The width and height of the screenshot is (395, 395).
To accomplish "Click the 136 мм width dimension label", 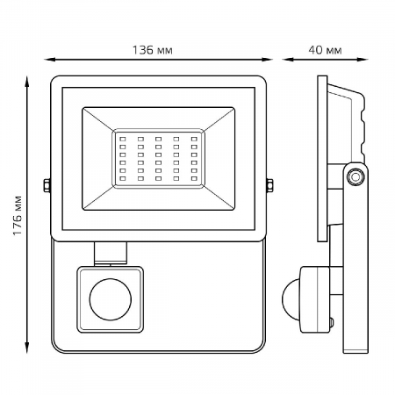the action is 153,50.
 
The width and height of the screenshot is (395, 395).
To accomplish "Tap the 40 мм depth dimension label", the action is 325,50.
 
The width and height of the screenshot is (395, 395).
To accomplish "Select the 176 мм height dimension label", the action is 18,215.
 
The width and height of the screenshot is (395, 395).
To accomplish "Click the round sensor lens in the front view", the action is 111,299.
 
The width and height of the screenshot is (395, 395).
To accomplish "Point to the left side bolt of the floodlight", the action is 47,185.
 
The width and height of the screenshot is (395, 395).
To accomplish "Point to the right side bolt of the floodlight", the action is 269,185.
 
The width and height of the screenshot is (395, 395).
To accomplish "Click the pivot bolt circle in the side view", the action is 355,176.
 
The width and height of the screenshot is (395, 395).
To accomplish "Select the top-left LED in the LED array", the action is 123,139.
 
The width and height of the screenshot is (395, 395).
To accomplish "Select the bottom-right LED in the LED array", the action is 194,178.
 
